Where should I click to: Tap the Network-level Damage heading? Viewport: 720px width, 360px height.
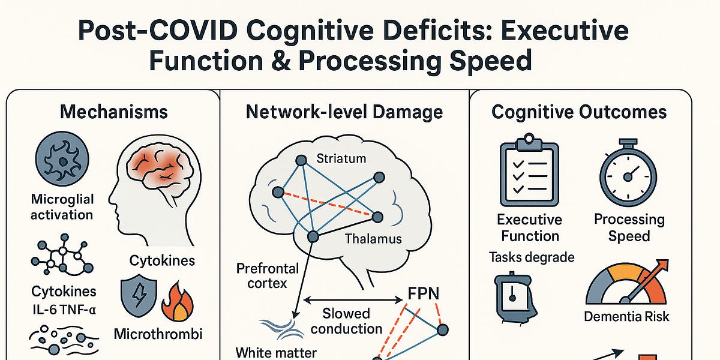(x=344, y=112)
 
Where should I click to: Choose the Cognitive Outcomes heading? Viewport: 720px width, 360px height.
(x=578, y=112)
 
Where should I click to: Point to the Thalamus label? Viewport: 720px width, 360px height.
(x=373, y=239)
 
